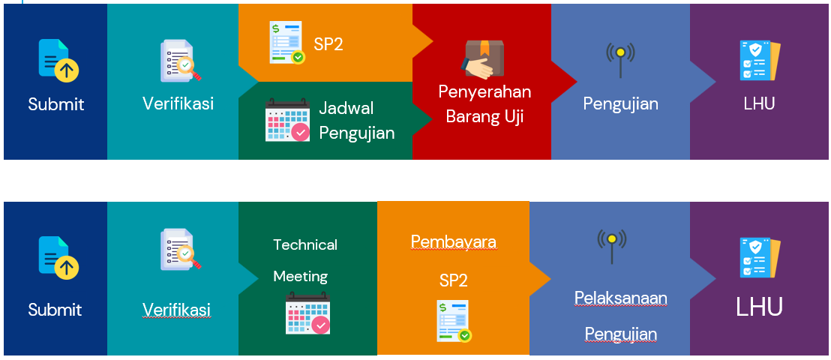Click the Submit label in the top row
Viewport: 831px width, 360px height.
point(55,104)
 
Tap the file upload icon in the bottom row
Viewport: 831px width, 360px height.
point(58,258)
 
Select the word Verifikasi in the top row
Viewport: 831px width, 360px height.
point(178,103)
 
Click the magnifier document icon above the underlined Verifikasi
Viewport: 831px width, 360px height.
point(181,249)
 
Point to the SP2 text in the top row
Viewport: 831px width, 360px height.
point(328,44)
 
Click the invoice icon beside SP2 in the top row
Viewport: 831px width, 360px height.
point(286,43)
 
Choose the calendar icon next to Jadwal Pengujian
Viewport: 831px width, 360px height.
point(287,120)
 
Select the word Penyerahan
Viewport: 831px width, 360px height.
point(484,91)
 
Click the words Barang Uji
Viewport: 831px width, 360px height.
point(484,117)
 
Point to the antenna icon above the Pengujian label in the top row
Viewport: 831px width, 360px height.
point(620,59)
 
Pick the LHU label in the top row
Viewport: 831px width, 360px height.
point(759,103)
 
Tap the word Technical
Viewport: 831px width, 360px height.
point(305,245)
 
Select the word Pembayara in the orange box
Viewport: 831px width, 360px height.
point(454,241)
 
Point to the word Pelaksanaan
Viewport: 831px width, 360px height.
point(620,298)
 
